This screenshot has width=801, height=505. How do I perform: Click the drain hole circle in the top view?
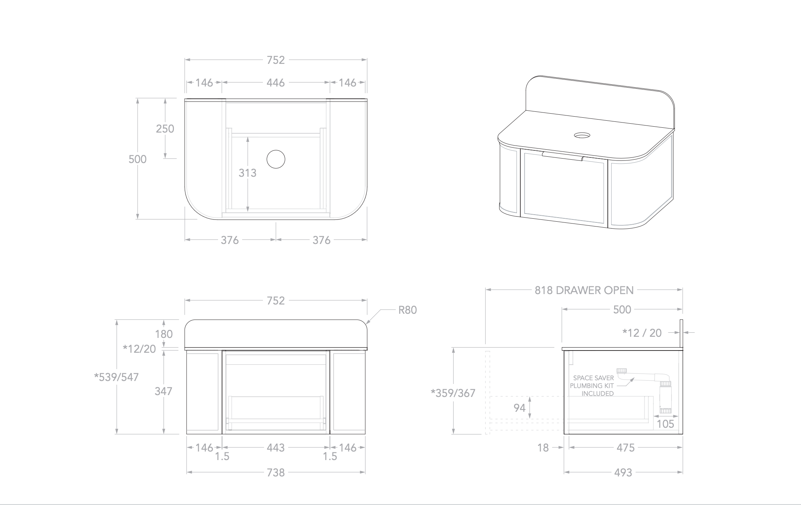(x=276, y=159)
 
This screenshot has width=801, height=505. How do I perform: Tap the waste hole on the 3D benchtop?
(x=583, y=135)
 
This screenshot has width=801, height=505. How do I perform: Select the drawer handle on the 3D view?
(x=562, y=156)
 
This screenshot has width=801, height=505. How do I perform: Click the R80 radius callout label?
(x=408, y=310)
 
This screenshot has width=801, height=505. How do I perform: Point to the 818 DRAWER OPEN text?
(x=584, y=290)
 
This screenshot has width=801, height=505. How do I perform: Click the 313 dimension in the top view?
(x=247, y=173)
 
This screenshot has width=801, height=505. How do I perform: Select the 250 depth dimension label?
(x=165, y=128)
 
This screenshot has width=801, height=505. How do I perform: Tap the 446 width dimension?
(x=276, y=82)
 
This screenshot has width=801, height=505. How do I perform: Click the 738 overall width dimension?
(x=276, y=472)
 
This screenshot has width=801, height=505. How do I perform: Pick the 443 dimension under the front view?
(x=276, y=447)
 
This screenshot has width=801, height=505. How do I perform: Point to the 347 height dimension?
(x=164, y=391)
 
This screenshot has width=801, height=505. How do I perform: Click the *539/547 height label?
(x=116, y=377)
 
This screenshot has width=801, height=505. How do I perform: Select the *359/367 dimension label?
(x=453, y=393)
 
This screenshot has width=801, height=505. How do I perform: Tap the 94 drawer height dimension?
(x=520, y=408)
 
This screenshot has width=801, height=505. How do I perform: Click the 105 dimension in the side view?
(x=665, y=424)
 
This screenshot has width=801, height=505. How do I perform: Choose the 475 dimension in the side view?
(x=626, y=447)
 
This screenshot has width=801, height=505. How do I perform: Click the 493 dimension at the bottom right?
(x=623, y=472)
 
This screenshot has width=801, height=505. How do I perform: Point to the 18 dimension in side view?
(x=543, y=447)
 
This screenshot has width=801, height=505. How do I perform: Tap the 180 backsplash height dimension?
(x=164, y=334)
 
